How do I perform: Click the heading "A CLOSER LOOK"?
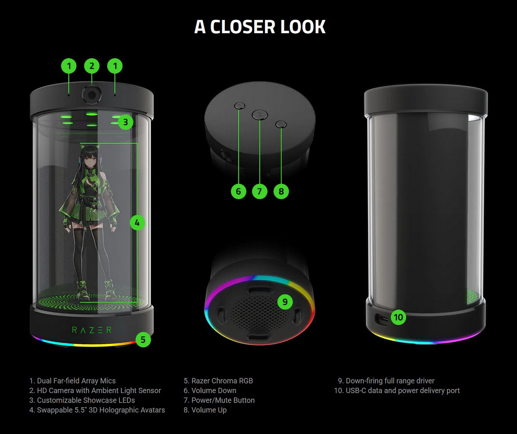coord(260,27)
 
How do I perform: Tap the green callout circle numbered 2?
coord(91,66)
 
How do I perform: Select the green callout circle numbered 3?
coord(125,122)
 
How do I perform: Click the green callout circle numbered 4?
coord(137,223)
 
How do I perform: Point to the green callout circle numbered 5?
coord(143,340)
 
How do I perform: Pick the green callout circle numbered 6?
coord(238,191)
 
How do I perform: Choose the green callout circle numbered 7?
coord(259,191)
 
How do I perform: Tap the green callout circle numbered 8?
coord(281,191)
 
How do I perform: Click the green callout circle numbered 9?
coord(284,302)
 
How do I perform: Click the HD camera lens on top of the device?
coord(91,94)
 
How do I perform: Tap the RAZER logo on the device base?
coord(91,330)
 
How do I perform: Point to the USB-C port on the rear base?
coord(381,319)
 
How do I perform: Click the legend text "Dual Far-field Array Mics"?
coord(76,381)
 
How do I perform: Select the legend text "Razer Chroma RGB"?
coord(222,381)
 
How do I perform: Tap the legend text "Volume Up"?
coord(209,410)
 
